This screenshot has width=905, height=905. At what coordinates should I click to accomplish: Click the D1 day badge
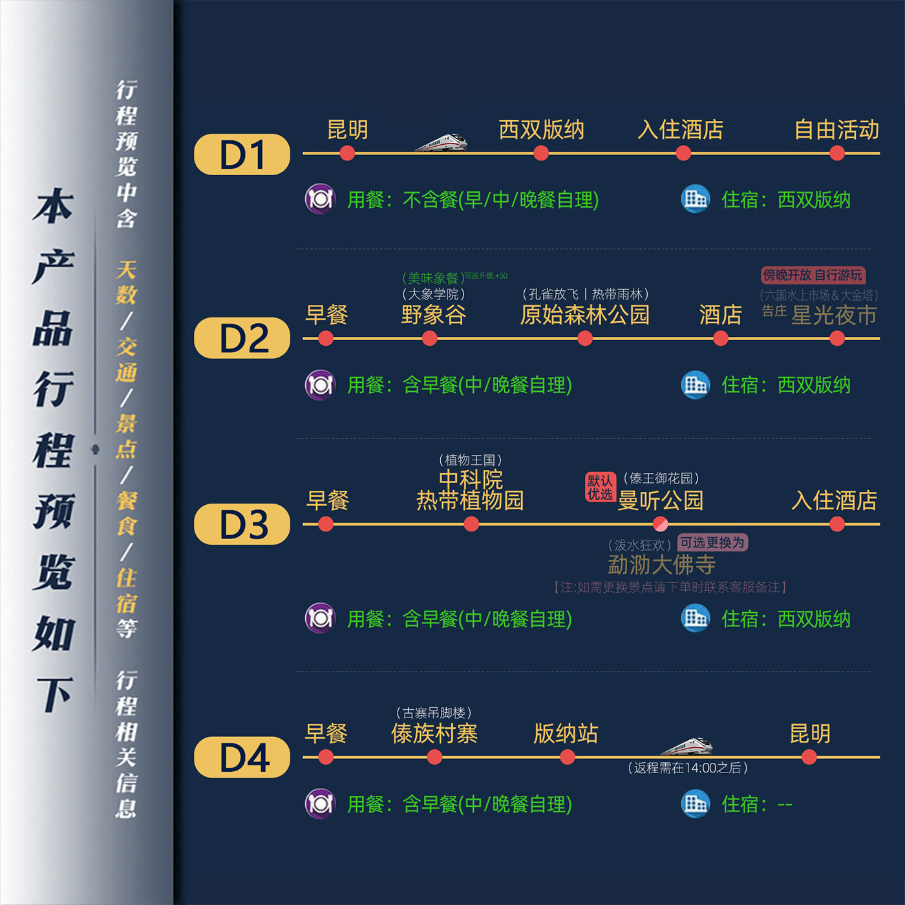(x=242, y=154)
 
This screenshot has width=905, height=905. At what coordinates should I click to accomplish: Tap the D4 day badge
(x=242, y=757)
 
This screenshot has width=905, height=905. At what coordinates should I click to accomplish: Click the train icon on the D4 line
(x=687, y=747)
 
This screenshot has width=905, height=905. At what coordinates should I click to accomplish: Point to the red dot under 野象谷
(x=429, y=338)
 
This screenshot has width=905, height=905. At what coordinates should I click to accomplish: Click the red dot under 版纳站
(x=568, y=757)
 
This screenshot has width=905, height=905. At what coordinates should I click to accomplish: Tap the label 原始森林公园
(x=585, y=315)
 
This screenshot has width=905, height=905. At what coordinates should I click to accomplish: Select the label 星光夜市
(x=834, y=315)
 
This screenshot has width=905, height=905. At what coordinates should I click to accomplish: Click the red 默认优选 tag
(x=600, y=487)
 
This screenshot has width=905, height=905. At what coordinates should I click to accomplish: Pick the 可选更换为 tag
(x=712, y=542)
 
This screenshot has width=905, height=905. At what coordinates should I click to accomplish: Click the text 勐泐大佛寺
(x=661, y=564)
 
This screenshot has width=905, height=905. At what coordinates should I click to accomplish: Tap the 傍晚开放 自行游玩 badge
(x=813, y=275)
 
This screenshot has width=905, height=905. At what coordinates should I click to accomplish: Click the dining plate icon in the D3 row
(x=320, y=618)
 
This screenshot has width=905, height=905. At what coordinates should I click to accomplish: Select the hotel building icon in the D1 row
(x=696, y=199)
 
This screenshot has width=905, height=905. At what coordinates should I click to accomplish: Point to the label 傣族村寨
(x=434, y=734)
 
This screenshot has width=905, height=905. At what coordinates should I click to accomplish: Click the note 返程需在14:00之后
(x=688, y=768)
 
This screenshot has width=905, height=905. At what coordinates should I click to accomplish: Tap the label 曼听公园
(x=660, y=500)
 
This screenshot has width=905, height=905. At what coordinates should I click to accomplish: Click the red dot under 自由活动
(x=837, y=153)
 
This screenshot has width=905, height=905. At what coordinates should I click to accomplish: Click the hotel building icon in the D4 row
(x=696, y=804)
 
